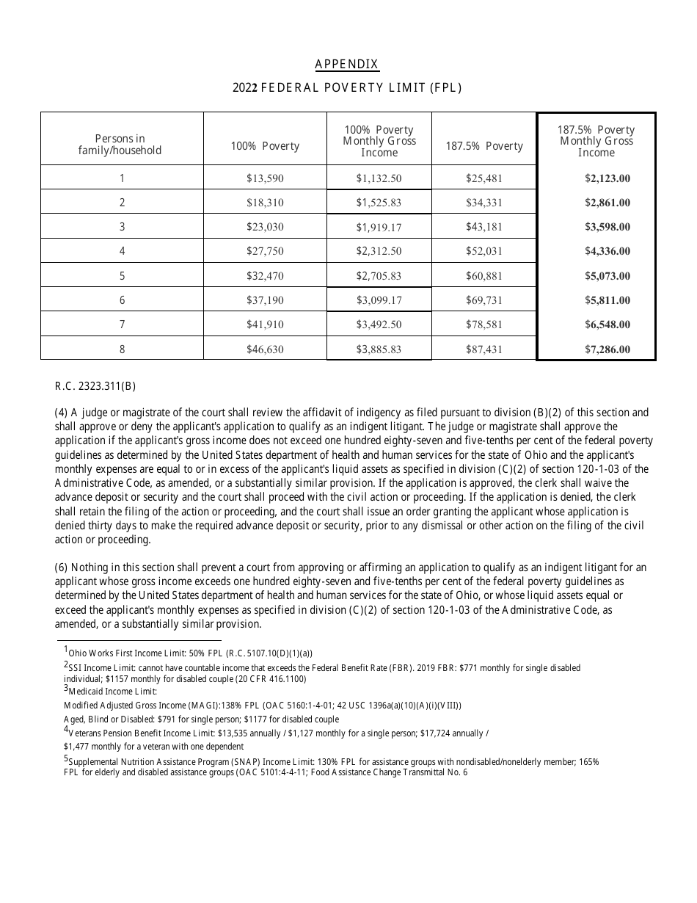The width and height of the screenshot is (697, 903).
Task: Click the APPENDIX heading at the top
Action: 347,65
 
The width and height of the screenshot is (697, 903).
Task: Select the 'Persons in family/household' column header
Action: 120,144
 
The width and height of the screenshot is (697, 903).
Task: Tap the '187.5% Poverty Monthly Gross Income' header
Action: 596,141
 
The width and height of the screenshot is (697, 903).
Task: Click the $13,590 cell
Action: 265,178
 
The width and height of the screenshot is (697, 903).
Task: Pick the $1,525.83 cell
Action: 379,203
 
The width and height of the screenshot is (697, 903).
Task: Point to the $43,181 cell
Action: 483,227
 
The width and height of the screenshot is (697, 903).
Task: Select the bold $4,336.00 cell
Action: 607,251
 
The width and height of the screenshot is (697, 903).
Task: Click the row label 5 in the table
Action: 122,276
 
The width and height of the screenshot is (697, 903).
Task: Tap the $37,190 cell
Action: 265,300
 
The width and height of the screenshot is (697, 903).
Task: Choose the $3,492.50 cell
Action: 379,324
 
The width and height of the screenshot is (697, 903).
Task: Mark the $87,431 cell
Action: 483,349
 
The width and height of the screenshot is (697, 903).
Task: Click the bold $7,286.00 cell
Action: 607,349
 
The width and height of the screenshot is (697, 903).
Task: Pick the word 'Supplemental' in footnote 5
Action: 95,762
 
